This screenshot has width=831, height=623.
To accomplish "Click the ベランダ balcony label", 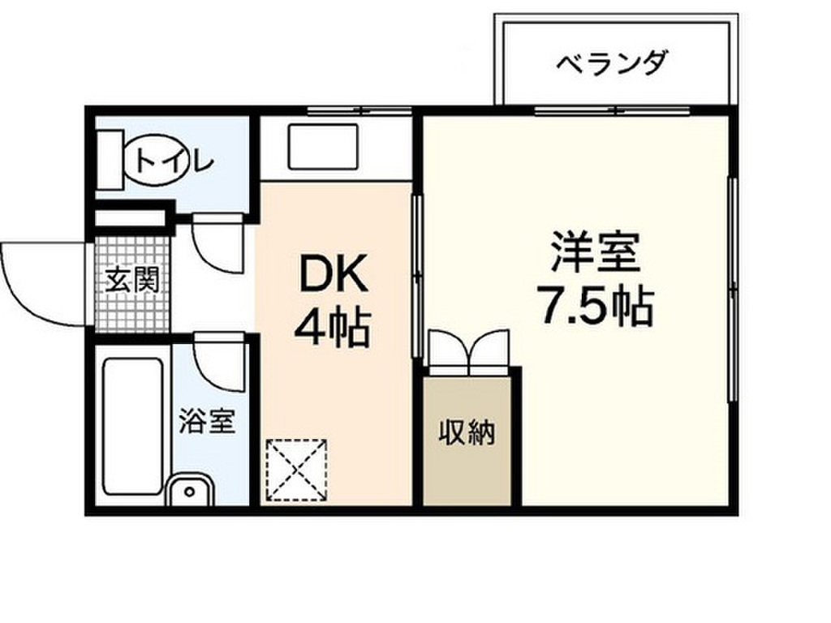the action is [611, 63].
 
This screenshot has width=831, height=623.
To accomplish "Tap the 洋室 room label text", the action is [595, 252].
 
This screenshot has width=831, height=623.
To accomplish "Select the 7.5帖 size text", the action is [596, 305].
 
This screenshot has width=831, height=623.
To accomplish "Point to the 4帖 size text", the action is [332, 328].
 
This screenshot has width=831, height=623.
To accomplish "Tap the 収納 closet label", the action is [467, 433].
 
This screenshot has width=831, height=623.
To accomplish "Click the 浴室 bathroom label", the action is [206, 421].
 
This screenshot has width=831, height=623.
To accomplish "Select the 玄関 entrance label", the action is [132, 280].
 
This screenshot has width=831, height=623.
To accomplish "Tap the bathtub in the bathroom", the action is [133, 427].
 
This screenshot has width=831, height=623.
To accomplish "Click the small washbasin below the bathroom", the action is [189, 490].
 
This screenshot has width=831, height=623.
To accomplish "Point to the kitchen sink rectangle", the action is [323, 147].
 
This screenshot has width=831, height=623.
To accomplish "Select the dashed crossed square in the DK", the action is [296, 470].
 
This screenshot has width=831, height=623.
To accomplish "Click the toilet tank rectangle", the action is [110, 160].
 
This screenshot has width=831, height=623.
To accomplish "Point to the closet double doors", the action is [469, 349].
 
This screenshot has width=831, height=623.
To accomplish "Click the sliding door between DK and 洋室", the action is [417, 276].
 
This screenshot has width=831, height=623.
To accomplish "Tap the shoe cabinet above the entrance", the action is [131, 217].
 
